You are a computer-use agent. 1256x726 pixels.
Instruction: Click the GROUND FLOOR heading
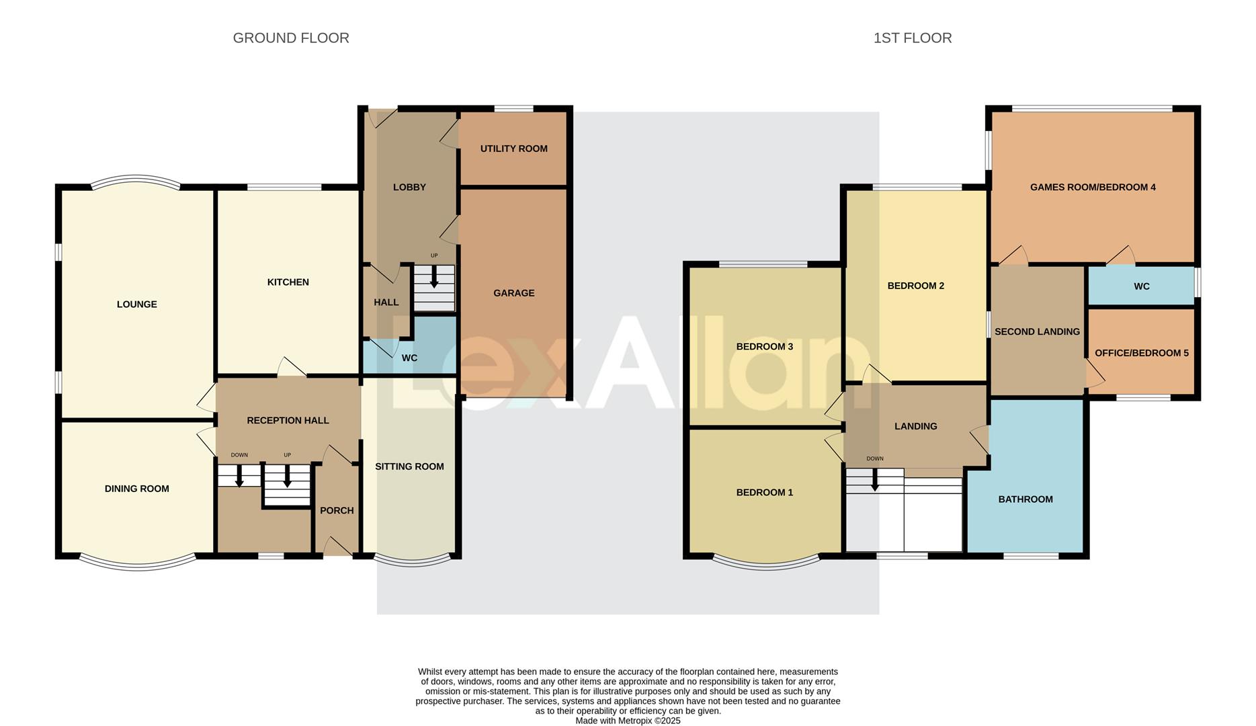pyautogui.click(x=291, y=38)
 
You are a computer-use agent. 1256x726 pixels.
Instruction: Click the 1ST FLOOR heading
pyautogui.click(x=912, y=38)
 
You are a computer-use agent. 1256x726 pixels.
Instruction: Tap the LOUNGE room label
pyautogui.click(x=137, y=305)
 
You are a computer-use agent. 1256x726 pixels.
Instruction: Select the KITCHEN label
pyautogui.click(x=288, y=282)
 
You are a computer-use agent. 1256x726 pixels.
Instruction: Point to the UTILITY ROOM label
pyautogui.click(x=513, y=149)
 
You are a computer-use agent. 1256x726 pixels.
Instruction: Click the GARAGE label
pyautogui.click(x=513, y=293)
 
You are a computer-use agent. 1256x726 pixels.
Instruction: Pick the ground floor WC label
pyautogui.click(x=409, y=358)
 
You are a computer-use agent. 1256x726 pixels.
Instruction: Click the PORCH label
pyautogui.click(x=337, y=511)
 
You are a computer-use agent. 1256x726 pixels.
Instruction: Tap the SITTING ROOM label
pyautogui.click(x=409, y=467)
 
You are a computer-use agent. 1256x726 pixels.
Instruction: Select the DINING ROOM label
pyautogui.click(x=137, y=489)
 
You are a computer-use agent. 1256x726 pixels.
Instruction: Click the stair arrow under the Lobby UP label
pyautogui.click(x=434, y=277)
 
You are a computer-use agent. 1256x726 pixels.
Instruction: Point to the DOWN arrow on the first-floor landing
pyautogui.click(x=874, y=480)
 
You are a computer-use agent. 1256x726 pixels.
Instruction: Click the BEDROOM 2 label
pyautogui.click(x=915, y=286)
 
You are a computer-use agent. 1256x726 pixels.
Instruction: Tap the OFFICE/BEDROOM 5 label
pyautogui.click(x=1141, y=353)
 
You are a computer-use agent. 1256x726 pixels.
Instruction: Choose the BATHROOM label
pyautogui.click(x=1025, y=499)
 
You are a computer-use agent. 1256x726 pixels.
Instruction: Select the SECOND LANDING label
pyautogui.click(x=1037, y=331)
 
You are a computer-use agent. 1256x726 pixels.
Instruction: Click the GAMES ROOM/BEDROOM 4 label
pyautogui.click(x=1093, y=188)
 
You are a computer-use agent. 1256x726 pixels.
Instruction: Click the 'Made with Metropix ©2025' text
pyautogui.click(x=628, y=721)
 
